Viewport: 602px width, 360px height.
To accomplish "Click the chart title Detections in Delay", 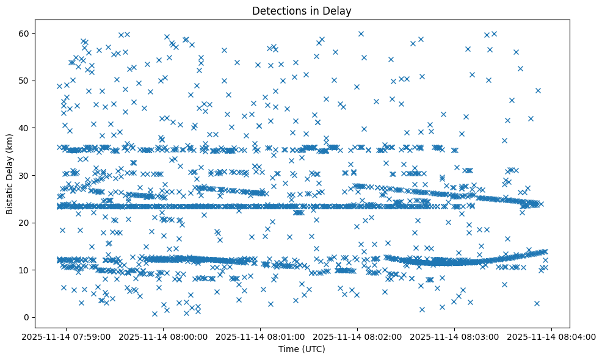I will (x=302, y=10).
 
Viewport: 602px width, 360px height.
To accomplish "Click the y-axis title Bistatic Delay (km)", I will (x=10, y=175).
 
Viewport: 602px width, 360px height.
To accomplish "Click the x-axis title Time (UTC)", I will (x=302, y=349).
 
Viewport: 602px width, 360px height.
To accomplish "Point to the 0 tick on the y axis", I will (x=26, y=317).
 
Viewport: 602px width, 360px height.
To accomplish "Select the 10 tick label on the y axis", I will (x=24, y=270).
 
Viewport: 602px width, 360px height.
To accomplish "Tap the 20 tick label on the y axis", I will (x=24, y=223).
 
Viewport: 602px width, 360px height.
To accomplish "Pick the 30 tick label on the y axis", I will (x=24, y=175).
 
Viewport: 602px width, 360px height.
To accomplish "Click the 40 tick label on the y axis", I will (x=24, y=128).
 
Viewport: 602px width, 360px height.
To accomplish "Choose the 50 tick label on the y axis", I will (x=24, y=81).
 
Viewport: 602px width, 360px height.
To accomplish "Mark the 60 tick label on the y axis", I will (x=24, y=33).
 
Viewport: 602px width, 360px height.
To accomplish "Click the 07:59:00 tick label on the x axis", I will (x=67, y=336).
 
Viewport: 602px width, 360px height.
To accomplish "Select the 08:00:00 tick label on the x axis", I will (x=164, y=336).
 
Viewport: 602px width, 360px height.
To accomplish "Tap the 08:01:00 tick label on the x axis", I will (x=261, y=336).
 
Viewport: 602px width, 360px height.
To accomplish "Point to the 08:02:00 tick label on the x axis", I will (x=358, y=336).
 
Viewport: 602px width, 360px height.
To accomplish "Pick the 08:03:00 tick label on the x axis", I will (x=455, y=336).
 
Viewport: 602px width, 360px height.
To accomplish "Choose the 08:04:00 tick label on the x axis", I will (x=552, y=336).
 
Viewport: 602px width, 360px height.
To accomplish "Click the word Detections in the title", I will (x=278, y=10).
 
